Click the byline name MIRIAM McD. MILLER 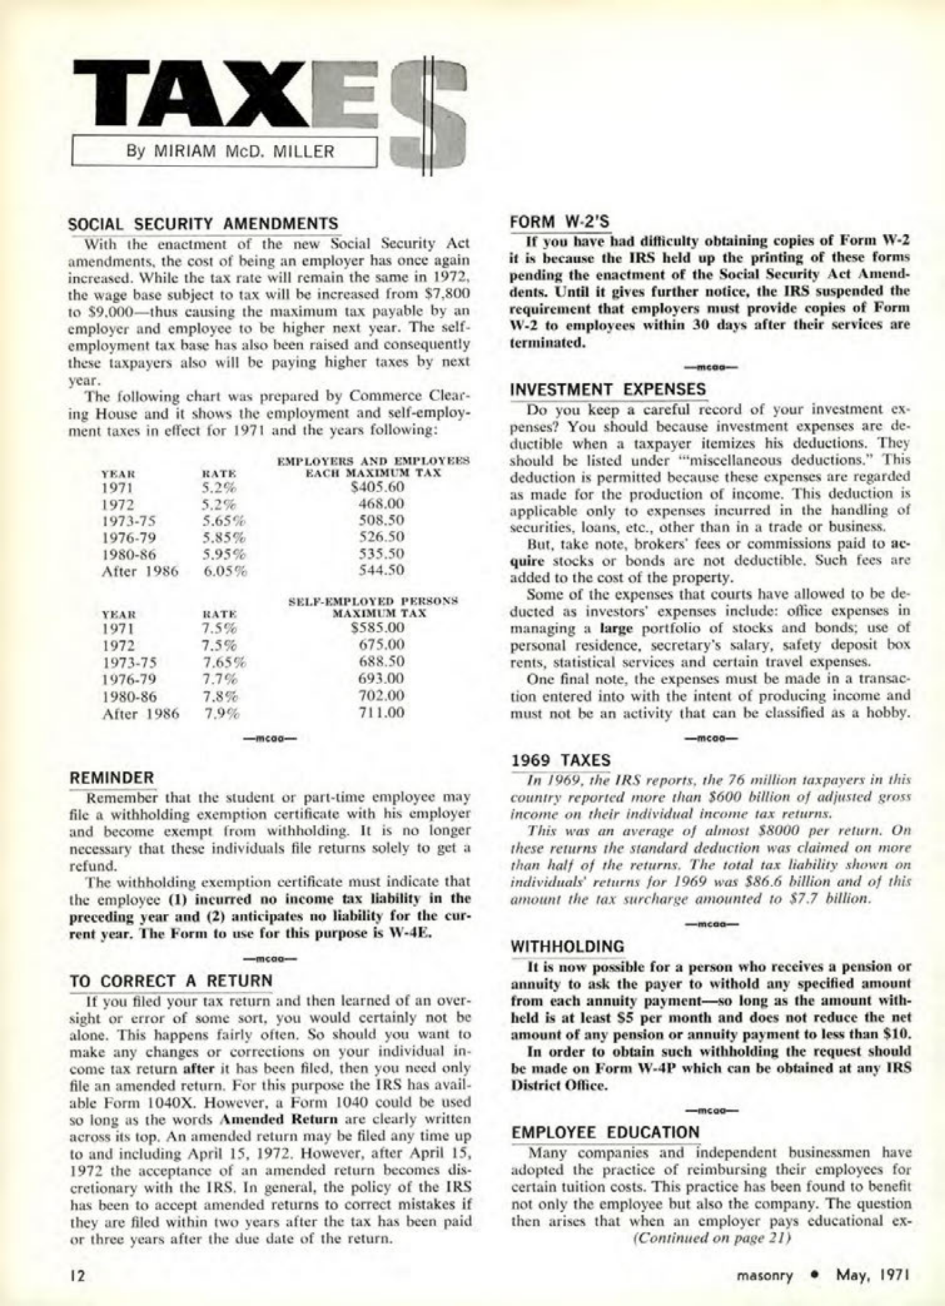(230, 152)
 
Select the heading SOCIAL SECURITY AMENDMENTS (204, 223)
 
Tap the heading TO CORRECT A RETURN (172, 981)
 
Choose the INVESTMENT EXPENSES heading (608, 389)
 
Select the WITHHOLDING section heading (568, 947)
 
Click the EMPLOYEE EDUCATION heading (605, 1133)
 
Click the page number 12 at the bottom (78, 1275)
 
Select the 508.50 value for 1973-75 (381, 520)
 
